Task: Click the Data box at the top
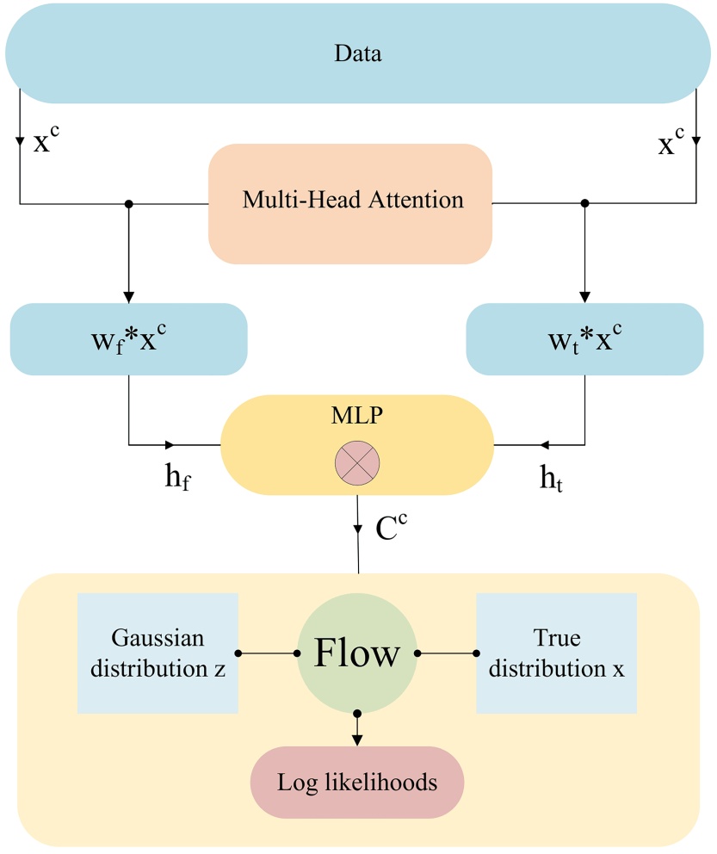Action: pos(357,54)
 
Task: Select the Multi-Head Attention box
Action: pos(351,201)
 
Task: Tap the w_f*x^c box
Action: pos(128,339)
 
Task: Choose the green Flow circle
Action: pos(357,653)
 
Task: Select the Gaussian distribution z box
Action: pos(158,653)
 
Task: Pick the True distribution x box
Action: pos(556,653)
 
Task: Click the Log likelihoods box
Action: pos(357,783)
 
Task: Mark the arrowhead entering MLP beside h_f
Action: pos(170,445)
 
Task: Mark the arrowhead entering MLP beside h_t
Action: pos(544,445)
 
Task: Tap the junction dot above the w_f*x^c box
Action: pos(128,204)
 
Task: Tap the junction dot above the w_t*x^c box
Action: pos(585,204)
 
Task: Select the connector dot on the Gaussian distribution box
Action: pos(238,653)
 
